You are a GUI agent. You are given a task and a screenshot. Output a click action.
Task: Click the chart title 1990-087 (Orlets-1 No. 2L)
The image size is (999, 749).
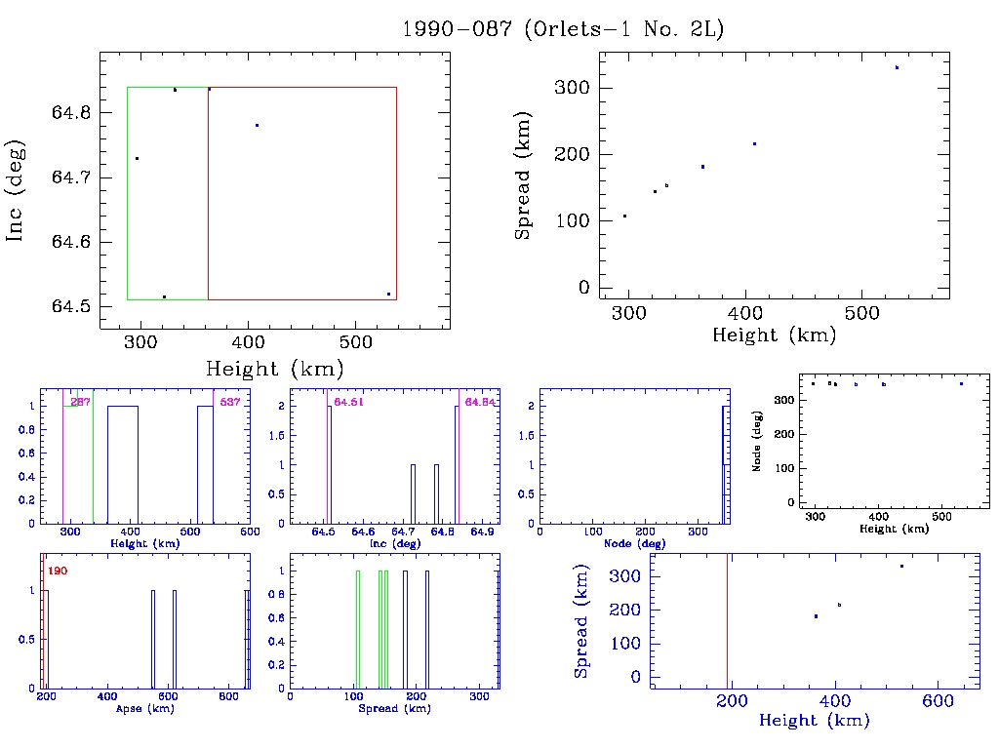pos(563,29)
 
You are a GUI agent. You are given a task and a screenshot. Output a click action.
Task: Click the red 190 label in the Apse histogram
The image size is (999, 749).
pos(58,571)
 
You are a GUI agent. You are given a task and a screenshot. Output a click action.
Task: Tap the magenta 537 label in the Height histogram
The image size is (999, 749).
pos(230,402)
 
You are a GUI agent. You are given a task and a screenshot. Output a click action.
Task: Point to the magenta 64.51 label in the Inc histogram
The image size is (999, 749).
pos(348,402)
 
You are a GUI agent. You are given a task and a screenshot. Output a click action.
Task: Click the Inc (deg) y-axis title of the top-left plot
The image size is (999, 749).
pos(17,190)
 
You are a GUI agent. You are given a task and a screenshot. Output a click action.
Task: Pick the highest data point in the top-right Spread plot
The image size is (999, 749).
pos(897,67)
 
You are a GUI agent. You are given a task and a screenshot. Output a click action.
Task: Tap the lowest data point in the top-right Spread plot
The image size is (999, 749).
pos(624,216)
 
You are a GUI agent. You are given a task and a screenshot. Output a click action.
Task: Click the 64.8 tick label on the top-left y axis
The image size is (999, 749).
pos(72,113)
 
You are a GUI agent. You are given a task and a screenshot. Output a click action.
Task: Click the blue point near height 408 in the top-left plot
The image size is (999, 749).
pos(257,125)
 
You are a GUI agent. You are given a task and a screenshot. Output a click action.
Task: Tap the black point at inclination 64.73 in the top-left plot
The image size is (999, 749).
pos(137,158)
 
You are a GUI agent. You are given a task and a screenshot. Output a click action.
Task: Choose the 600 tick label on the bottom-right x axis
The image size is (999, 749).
pos(938,700)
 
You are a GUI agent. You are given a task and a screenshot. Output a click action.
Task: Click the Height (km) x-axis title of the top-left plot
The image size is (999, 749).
pos(274,369)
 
